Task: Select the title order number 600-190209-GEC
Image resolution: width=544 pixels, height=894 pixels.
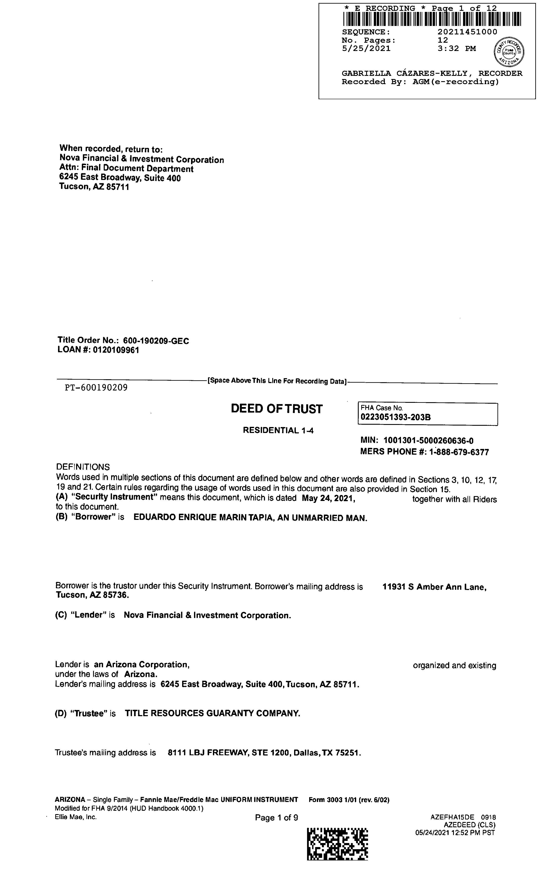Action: point(156,341)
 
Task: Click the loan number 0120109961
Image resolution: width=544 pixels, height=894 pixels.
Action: point(116,350)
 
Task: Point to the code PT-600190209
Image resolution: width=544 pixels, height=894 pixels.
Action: point(96,388)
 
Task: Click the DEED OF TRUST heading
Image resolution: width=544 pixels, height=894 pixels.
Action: point(276,409)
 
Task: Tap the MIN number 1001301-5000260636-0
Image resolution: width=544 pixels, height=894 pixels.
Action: point(428,441)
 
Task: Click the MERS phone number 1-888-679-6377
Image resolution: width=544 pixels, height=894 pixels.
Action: point(459,452)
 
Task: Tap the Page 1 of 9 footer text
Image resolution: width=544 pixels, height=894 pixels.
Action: point(276,818)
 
